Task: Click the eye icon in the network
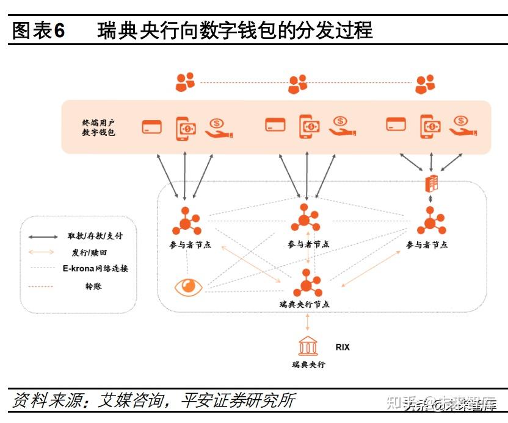click(187, 287)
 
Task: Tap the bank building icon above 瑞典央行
click(307, 347)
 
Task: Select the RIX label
click(343, 347)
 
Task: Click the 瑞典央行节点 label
click(303, 304)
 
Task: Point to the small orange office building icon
click(432, 183)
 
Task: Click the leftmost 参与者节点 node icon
click(186, 222)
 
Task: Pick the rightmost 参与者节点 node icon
click(431, 221)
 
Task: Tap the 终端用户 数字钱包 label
click(99, 127)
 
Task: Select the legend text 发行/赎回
click(89, 252)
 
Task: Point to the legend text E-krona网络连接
click(95, 269)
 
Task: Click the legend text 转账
click(93, 285)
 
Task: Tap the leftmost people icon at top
click(185, 82)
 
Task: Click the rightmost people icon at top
click(425, 84)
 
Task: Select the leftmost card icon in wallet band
click(151, 127)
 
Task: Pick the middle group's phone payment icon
click(309, 126)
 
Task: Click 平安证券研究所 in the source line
click(238, 400)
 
